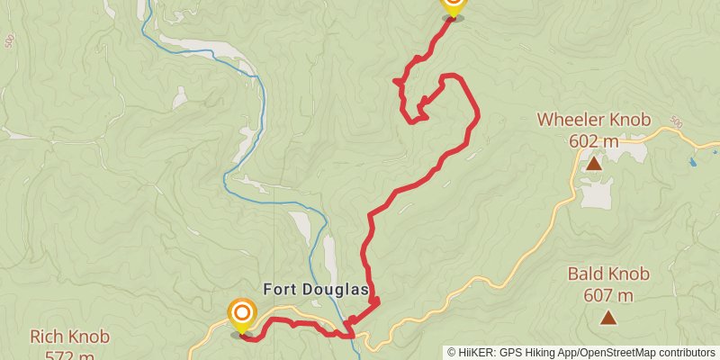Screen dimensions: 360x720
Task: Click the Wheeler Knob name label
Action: tap(593, 120)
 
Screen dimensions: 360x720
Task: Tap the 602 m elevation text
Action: tap(593, 140)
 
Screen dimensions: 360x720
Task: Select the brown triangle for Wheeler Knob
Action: tap(594, 164)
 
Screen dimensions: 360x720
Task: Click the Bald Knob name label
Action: tap(608, 274)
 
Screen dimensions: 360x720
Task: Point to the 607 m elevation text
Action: tap(608, 294)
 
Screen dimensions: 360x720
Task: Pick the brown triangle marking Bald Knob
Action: tap(609, 317)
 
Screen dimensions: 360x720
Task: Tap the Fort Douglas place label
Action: tap(316, 289)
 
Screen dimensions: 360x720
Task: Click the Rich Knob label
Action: tap(69, 337)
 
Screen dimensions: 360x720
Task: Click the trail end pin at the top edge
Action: tap(453, 5)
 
